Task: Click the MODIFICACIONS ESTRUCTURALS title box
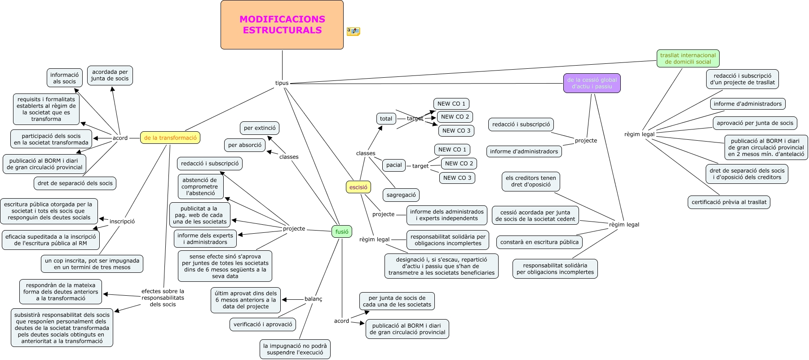tap(282, 25)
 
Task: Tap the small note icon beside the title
tap(353, 31)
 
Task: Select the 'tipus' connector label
tap(282, 83)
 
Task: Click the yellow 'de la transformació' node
tap(170, 138)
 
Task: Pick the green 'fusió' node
tap(341, 232)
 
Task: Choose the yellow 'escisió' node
tap(358, 187)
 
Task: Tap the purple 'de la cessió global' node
tap(592, 84)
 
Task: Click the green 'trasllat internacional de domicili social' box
tap(688, 59)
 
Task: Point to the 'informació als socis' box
tap(64, 78)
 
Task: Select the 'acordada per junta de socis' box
tap(110, 76)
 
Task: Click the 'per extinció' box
tap(260, 128)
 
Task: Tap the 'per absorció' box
tap(245, 145)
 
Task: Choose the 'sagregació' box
tap(401, 195)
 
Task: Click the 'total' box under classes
tap(386, 119)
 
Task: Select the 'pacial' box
tap(394, 165)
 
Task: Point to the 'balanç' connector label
tap(313, 299)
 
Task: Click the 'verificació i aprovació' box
tap(263, 324)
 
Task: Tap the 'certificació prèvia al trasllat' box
tap(729, 202)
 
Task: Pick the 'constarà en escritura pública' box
tap(539, 242)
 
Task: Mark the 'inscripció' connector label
tap(122, 222)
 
